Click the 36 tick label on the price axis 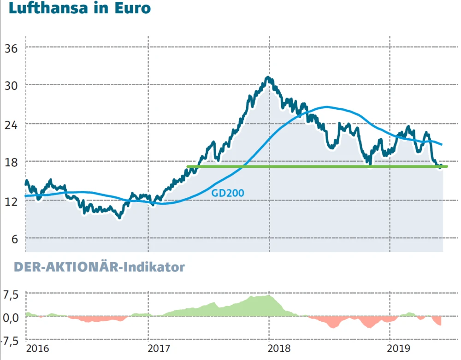point(11,47)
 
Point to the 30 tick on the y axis point(11,86)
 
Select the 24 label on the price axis point(11,124)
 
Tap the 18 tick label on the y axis point(11,162)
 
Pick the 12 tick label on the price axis point(11,201)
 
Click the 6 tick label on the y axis point(13,239)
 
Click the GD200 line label point(228,193)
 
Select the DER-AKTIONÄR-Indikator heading point(99,267)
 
